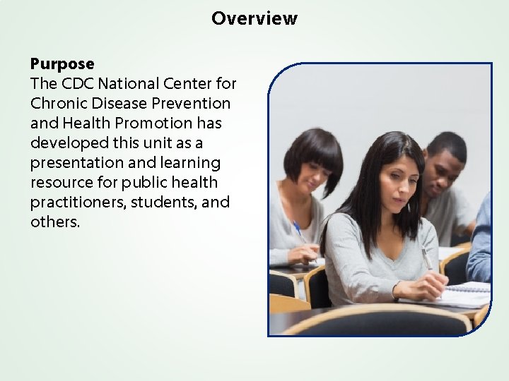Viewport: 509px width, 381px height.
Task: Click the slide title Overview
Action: coord(254,18)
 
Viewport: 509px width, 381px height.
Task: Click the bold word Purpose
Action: coord(62,64)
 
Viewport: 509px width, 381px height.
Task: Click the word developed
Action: coord(65,143)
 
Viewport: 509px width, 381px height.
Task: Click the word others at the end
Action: coord(54,222)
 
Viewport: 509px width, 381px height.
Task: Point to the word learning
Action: coord(192,163)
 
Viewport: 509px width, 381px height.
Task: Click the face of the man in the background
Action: coord(443,164)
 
